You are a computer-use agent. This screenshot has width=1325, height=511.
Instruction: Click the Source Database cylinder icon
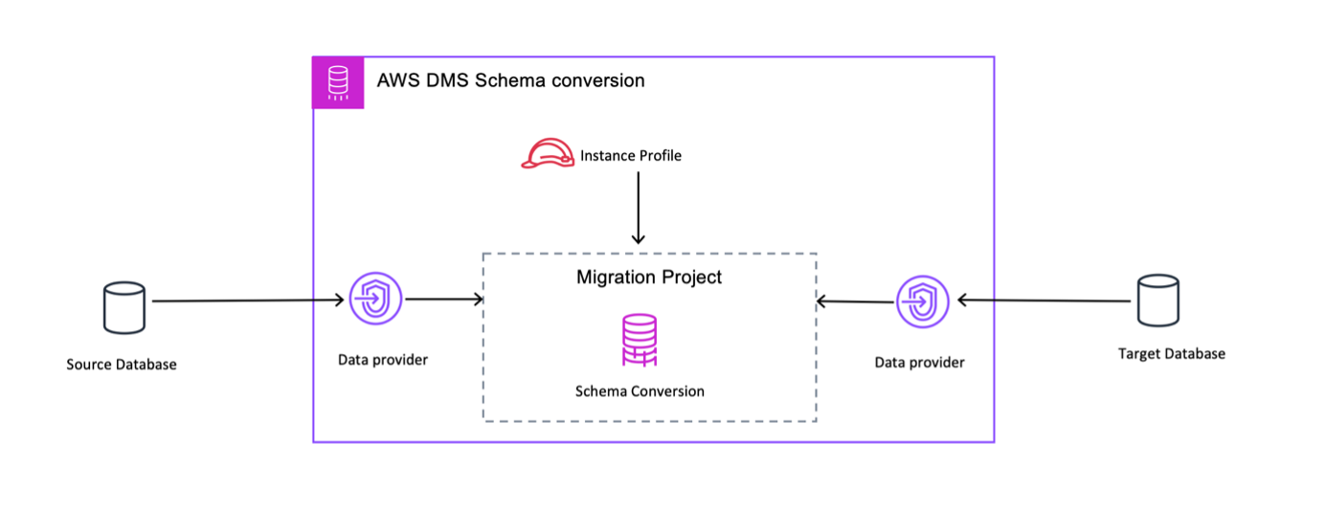[124, 308]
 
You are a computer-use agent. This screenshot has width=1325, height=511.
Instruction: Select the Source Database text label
[122, 365]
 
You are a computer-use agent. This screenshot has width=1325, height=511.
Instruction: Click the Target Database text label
[1171, 354]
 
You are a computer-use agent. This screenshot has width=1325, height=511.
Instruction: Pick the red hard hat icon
[547, 154]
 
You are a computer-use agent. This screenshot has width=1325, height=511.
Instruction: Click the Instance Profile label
[630, 155]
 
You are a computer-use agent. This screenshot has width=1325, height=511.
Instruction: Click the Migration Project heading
[649, 278]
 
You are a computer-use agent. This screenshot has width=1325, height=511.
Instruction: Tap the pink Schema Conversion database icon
[640, 341]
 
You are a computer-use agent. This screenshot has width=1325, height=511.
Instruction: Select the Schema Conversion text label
[640, 391]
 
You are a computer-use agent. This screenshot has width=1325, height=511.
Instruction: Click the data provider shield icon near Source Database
[376, 300]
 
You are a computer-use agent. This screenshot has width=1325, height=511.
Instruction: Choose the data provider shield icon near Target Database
[922, 301]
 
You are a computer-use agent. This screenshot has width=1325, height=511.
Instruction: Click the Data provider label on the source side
[383, 360]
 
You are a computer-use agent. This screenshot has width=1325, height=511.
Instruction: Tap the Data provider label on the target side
[919, 363]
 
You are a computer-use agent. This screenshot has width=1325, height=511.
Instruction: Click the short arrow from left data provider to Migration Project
[444, 300]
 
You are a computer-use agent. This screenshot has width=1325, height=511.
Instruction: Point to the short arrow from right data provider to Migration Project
[855, 301]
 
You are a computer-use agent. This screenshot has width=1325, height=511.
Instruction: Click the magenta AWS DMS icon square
[338, 82]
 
